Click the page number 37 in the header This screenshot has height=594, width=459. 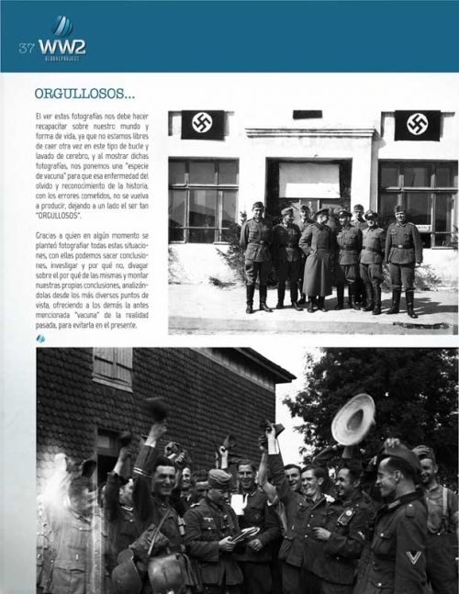25,46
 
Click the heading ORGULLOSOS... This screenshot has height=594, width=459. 84,95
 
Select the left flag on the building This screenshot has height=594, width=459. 202,124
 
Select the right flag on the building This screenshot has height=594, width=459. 417,125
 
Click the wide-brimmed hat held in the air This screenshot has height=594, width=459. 353,419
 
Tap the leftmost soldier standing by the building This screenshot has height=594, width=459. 256,256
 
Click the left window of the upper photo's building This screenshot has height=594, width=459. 202,198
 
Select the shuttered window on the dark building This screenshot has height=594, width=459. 112,367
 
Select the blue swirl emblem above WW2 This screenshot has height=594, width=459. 62,25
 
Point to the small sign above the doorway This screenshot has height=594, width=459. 307,115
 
